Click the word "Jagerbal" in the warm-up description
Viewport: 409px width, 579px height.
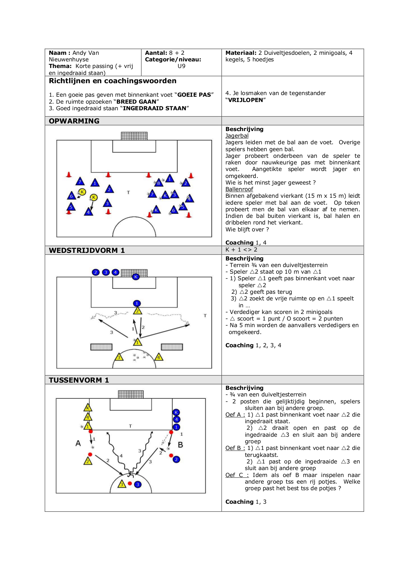pyautogui.click(x=237, y=136)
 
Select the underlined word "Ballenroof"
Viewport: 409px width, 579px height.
pyautogui.click(x=239, y=189)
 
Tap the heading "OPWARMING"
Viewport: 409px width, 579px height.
pyautogui.click(x=74, y=121)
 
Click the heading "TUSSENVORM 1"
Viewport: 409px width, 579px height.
pyautogui.click(x=79, y=380)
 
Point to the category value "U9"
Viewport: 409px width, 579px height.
pyautogui.click(x=182, y=66)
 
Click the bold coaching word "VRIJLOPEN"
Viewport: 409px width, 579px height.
pyautogui.click(x=246, y=100)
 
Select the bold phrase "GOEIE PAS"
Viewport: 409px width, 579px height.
pyautogui.click(x=194, y=95)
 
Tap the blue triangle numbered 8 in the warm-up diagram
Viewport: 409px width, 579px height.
pyautogui.click(x=159, y=182)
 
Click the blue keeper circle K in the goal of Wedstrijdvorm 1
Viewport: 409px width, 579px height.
pyautogui.click(x=135, y=277)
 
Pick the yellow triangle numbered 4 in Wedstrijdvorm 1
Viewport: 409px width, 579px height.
pyautogui.click(x=159, y=357)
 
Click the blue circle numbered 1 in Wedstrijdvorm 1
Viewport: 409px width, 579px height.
pyautogui.click(x=137, y=303)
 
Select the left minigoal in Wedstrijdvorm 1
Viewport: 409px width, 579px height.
pyautogui.click(x=102, y=347)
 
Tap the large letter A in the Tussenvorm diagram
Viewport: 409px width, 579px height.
pyautogui.click(x=78, y=443)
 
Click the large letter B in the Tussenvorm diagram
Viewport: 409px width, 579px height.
pyautogui.click(x=180, y=445)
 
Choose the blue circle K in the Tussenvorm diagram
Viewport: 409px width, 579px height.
pyautogui.click(x=176, y=412)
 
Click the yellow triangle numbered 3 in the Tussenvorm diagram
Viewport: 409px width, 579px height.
pyautogui.click(x=122, y=484)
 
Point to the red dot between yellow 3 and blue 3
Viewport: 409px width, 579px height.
pyautogui.click(x=130, y=484)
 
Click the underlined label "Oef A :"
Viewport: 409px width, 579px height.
pyautogui.click(x=235, y=415)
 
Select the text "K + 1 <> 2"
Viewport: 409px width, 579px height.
pyautogui.click(x=241, y=250)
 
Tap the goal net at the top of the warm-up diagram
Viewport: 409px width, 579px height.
pyautogui.click(x=134, y=136)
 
